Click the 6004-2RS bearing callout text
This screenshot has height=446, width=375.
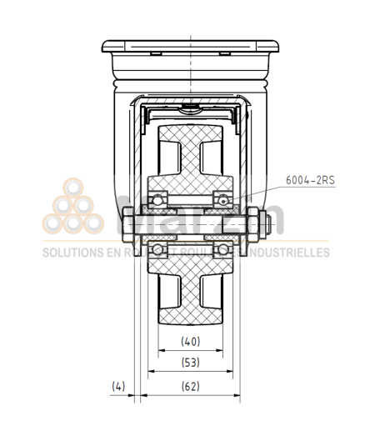pyautogui.click(x=309, y=179)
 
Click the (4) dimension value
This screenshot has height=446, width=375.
pyautogui.click(x=117, y=386)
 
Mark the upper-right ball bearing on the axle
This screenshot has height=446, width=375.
pyautogui.click(x=223, y=199)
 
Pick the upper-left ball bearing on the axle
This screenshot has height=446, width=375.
pyautogui.click(x=157, y=200)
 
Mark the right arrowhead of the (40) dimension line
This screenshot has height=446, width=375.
pyautogui.click(x=221, y=350)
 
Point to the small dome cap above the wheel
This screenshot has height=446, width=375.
pyautogui.click(x=191, y=108)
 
